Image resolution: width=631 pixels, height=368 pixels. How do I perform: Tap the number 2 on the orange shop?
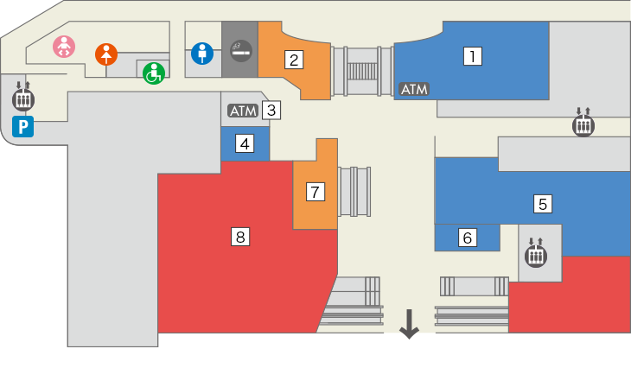coord(295,60)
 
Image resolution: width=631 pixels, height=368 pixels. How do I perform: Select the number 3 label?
coord(271,110)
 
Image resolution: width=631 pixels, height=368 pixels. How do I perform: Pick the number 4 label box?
coord(245,143)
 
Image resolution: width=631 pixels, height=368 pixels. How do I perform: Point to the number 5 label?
coord(543,204)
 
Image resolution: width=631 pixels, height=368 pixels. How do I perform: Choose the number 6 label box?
coord(468,237)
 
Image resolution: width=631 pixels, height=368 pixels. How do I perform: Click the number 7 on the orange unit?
coord(315,191)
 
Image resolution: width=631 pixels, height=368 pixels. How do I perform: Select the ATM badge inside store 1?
coord(414,89)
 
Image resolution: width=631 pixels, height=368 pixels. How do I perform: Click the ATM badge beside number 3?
coord(242,111)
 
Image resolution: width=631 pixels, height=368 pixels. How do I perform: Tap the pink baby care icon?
coord(64,47)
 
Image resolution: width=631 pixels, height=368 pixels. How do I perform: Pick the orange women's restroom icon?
coord(105,54)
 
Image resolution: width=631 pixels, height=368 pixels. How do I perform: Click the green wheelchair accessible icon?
coord(153,73)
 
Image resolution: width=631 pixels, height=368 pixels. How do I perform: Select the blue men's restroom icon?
coord(202,54)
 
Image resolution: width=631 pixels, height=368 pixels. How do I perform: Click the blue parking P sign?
coord(22,128)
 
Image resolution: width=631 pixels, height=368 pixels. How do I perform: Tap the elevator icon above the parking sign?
coord(23,97)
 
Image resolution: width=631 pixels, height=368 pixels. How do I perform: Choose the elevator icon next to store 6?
coord(536,253)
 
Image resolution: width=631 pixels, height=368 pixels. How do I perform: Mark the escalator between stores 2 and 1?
coord(362,69)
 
